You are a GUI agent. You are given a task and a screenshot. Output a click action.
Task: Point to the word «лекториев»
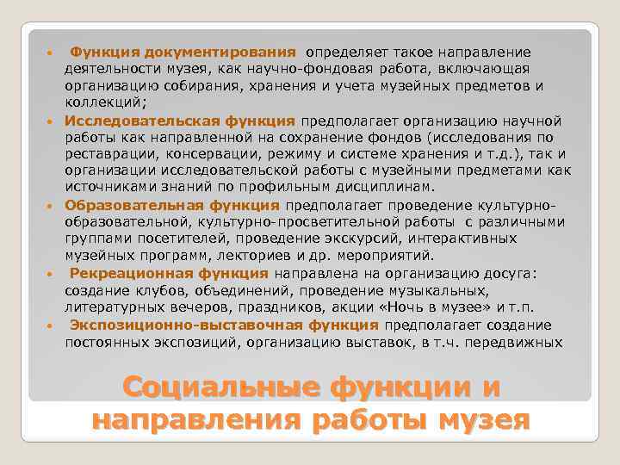coord(253,256)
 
